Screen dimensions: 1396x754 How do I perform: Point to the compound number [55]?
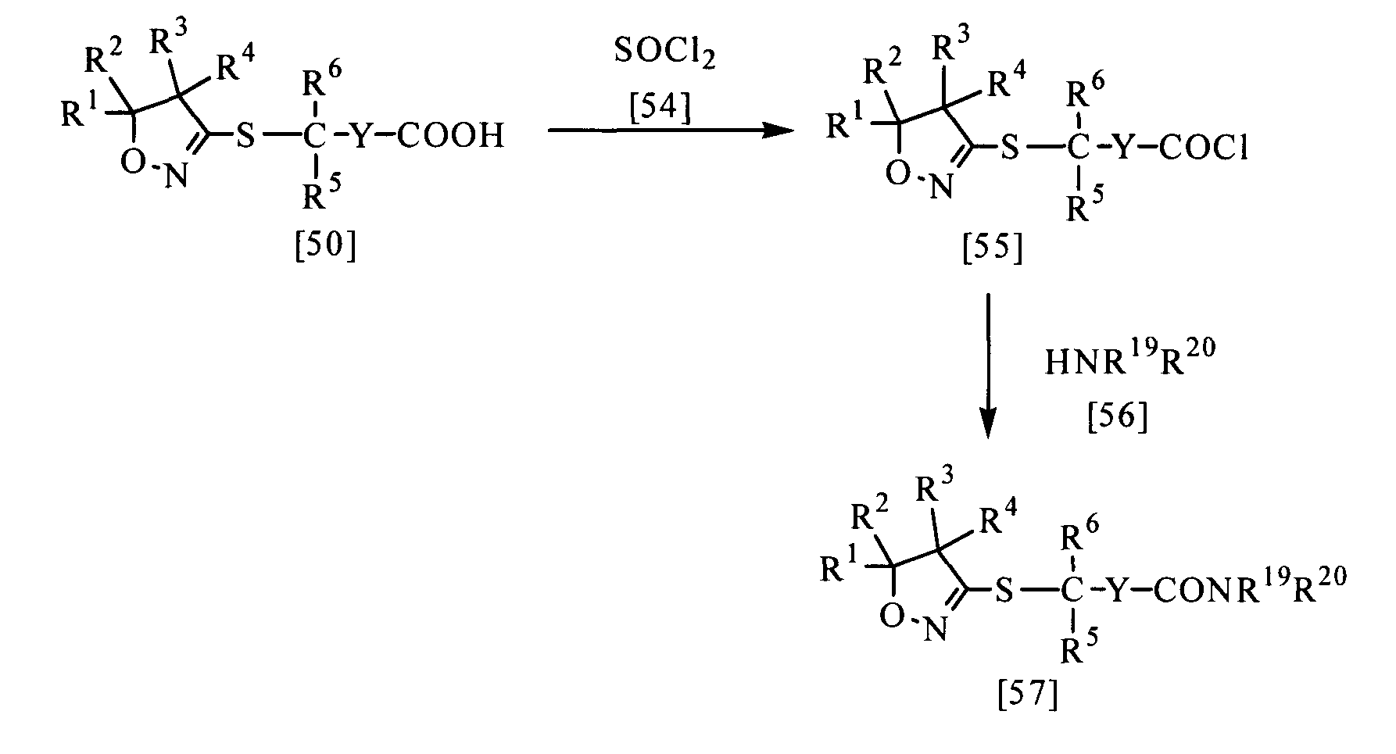[x=992, y=249]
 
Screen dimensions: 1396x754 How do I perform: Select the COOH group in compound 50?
[x=449, y=137]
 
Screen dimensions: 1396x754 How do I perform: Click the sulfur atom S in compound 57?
[x=1004, y=591]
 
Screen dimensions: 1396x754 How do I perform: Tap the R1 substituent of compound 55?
[x=844, y=123]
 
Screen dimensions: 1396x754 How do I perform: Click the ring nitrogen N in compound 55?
[x=943, y=188]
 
